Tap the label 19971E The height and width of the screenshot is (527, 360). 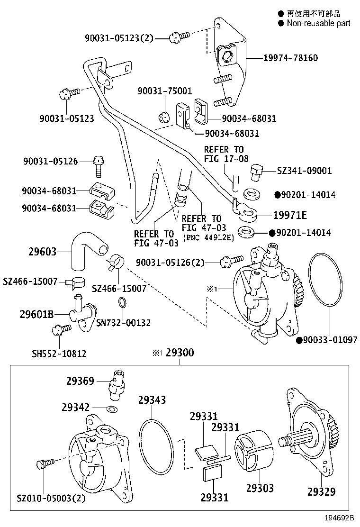289,215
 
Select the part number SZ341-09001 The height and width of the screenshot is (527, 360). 304,171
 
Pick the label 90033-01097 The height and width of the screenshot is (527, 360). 330,340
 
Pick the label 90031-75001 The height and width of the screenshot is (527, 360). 164,91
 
